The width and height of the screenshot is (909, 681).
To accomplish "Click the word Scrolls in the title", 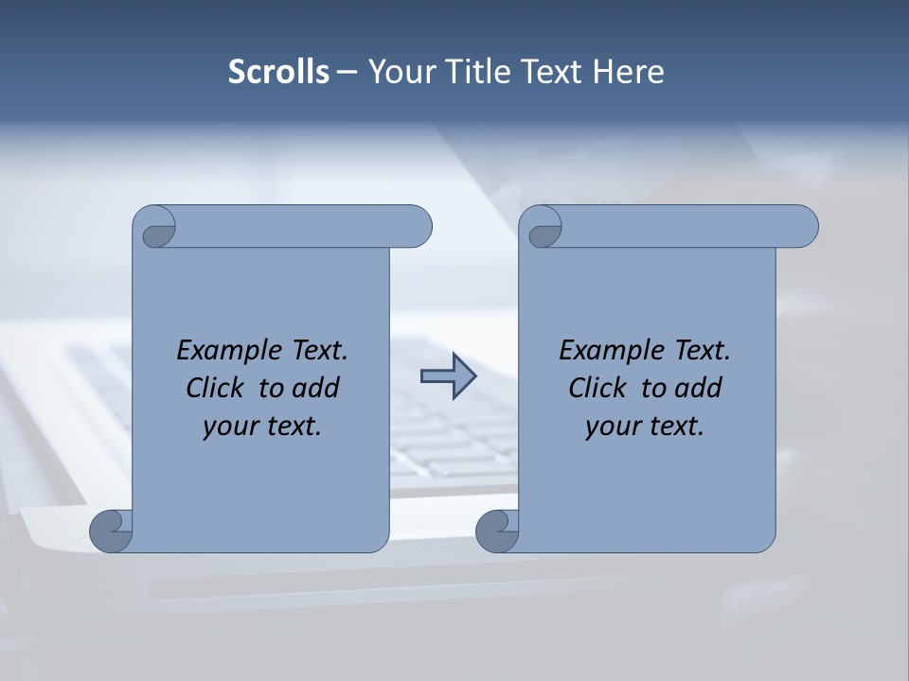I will point(278,72).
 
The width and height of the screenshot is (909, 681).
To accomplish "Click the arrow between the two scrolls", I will point(448,376).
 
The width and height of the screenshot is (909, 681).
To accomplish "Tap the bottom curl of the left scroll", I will point(111,531).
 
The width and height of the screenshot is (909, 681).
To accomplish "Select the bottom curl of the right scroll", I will point(497,531).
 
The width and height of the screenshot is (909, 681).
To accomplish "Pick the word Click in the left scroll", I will point(216,388).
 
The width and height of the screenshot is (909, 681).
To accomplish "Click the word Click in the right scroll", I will point(598,388).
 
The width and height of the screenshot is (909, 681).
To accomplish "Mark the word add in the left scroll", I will point(316,388).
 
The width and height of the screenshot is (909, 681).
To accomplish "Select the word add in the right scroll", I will point(699,388).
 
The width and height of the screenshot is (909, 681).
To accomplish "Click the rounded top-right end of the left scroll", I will point(417,226).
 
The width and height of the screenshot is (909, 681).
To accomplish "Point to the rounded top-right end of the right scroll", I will point(803,226).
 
